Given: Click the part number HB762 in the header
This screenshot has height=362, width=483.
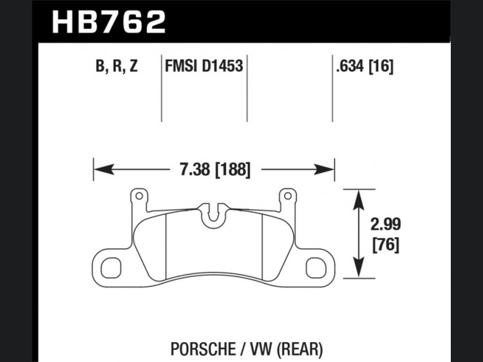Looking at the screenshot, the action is [x=109, y=21].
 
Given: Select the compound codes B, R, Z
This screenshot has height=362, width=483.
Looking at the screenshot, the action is [x=117, y=66].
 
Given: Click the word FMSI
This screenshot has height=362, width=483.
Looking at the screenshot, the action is [x=181, y=66].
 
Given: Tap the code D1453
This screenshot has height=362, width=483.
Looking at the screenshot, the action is [x=222, y=66].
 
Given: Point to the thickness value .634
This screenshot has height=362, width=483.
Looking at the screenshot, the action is [x=350, y=66].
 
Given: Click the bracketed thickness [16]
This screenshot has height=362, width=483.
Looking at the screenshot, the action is [x=381, y=66].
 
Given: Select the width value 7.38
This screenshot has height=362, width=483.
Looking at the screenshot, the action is [x=195, y=170].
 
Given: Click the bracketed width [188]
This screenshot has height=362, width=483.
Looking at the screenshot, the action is [x=232, y=170].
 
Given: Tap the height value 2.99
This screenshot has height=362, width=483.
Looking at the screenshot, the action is [x=386, y=224].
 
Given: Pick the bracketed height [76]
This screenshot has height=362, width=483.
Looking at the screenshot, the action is [x=386, y=244].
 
